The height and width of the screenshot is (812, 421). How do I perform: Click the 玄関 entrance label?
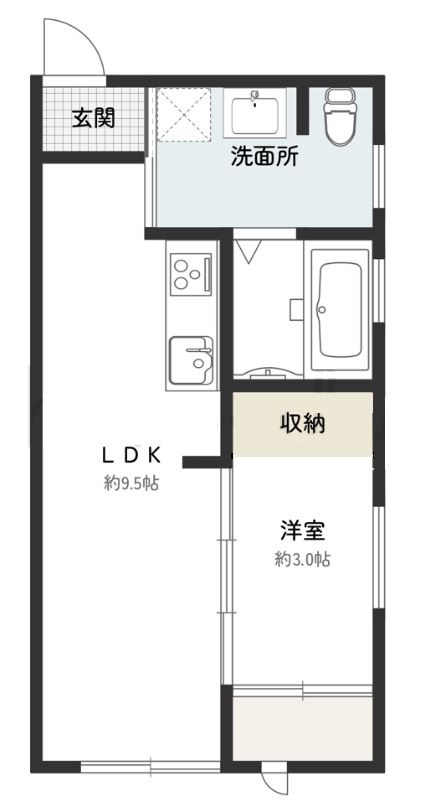click(x=93, y=118)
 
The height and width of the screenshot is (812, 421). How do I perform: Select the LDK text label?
click(x=130, y=454)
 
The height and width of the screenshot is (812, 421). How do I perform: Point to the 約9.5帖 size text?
click(x=132, y=483)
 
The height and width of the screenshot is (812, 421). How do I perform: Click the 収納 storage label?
click(x=302, y=424)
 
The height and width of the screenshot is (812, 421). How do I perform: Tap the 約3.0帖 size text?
click(x=302, y=560)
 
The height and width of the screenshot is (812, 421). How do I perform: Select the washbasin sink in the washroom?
click(x=258, y=111)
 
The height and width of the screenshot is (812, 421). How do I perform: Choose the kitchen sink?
click(x=190, y=357)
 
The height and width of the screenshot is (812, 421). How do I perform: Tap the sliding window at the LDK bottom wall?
click(x=150, y=766)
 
